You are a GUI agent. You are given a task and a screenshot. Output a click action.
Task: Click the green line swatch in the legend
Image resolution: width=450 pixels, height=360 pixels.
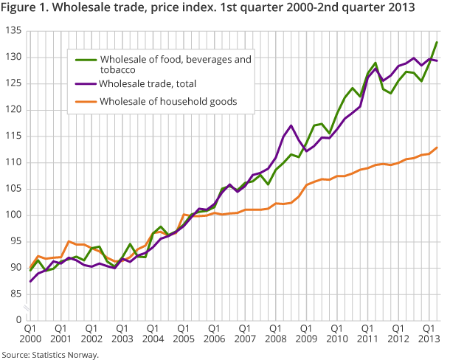pos(83,58)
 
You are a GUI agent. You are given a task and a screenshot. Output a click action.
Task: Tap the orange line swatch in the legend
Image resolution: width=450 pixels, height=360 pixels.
pos(83,101)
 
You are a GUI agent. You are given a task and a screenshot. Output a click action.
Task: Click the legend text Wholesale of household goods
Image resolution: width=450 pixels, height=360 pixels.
pos(167,101)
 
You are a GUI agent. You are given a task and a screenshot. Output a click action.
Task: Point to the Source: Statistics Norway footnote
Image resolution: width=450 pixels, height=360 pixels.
pos(49,354)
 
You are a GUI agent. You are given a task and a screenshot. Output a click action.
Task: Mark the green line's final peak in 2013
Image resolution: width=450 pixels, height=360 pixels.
pos(437,42)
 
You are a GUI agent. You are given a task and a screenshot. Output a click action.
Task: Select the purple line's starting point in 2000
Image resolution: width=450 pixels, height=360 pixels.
pos(30,281)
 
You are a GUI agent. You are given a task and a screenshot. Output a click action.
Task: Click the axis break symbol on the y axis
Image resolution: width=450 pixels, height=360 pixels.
pos(27,307)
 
